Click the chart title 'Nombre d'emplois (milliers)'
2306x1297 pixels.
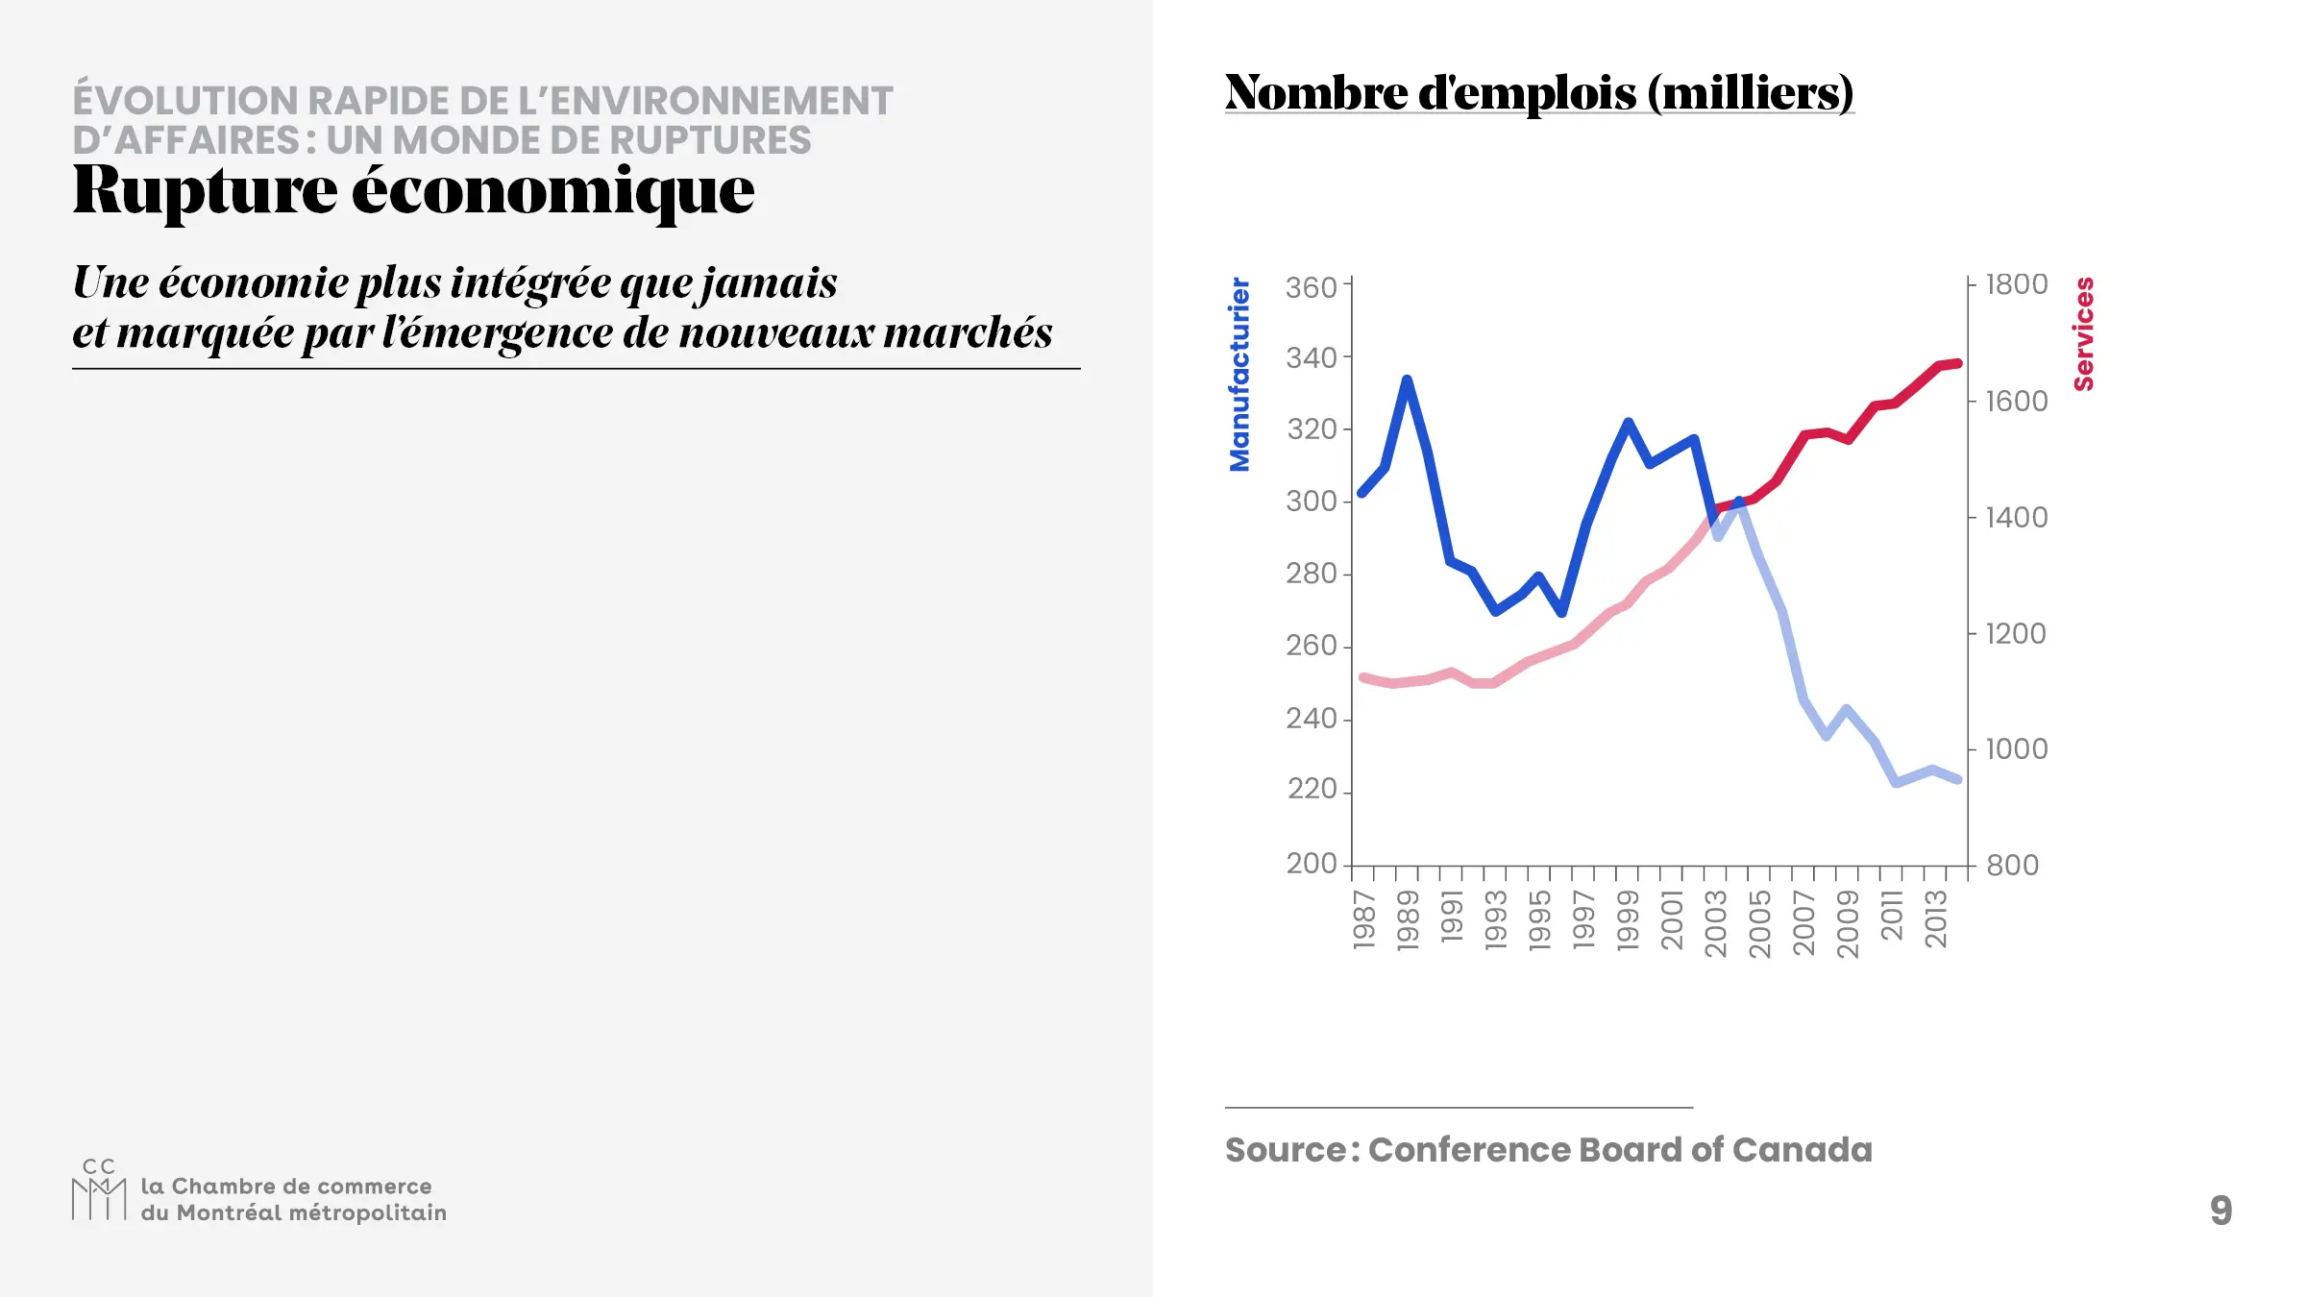1538,92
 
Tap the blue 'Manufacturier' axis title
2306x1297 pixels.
1239,375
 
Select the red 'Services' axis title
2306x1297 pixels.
2083,334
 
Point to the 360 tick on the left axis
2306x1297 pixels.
1312,287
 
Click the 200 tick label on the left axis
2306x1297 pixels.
1312,864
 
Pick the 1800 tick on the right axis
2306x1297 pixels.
2017,284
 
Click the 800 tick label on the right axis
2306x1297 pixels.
2012,866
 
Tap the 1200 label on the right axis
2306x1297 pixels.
2016,634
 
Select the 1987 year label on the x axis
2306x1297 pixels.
1364,919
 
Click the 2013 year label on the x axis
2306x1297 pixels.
1935,919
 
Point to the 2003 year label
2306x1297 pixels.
1715,923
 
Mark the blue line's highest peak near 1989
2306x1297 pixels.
1408,379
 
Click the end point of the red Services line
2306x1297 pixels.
1958,363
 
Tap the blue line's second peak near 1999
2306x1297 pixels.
1629,422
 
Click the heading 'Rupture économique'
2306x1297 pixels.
413,190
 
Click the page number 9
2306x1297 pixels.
2220,1211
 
